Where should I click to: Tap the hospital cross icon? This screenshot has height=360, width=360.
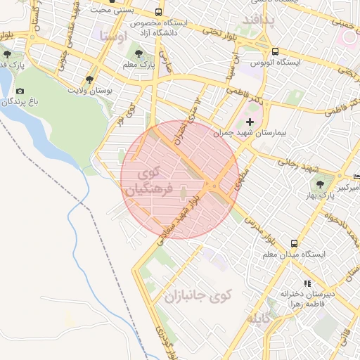[250, 122]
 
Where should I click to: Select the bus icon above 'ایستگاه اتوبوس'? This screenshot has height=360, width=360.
[275, 52]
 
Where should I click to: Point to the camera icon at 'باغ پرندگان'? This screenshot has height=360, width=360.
[20, 91]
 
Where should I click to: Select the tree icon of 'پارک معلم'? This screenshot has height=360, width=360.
[138, 53]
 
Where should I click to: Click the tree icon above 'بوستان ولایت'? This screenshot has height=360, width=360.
[89, 79]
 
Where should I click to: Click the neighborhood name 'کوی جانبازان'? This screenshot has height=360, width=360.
[198, 295]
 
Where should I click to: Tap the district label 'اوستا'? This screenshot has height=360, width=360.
[113, 35]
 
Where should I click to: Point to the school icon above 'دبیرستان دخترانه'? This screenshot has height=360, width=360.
[306, 283]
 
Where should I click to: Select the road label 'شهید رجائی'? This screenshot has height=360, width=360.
[300, 167]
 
